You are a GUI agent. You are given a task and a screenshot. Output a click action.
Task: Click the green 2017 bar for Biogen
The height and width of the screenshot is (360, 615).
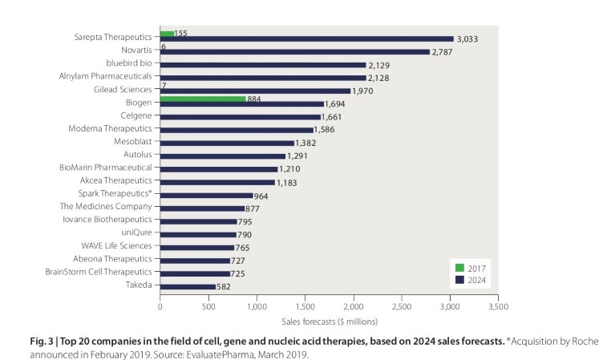[x=203, y=99]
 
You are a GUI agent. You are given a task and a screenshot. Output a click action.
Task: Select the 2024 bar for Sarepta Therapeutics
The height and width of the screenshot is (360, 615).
[x=307, y=38]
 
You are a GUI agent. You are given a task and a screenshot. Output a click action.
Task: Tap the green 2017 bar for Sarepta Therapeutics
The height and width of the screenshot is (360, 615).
[x=167, y=34]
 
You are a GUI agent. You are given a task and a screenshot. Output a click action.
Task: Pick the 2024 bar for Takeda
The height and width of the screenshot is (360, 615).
[x=188, y=286]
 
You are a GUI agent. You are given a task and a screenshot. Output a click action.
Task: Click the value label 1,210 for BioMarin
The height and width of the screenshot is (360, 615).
[x=289, y=169]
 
